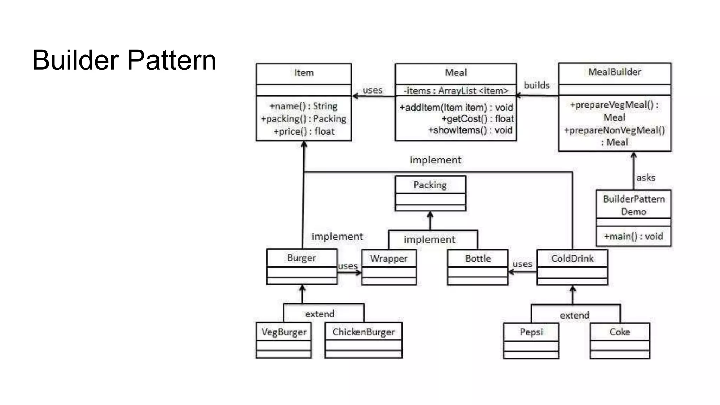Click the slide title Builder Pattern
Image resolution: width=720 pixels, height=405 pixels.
coord(124,60)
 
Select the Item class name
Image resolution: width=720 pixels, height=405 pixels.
coord(304,73)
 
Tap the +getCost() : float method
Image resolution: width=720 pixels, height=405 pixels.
coord(477,119)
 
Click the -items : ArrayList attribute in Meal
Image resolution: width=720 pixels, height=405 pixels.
coord(456,91)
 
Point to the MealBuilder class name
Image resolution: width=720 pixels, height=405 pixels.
coord(615,72)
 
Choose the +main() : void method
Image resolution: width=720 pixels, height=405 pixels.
coord(633,236)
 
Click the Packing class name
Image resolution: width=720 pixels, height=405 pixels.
coord(430,185)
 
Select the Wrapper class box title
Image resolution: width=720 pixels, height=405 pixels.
coord(388,258)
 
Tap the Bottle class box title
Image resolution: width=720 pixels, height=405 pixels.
coord(478,258)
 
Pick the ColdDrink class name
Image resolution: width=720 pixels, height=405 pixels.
coord(572,258)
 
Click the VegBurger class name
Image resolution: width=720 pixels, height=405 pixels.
coord(284,332)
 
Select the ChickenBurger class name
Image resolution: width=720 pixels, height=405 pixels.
coord(364,332)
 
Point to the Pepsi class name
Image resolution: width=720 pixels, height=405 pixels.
coord(531,332)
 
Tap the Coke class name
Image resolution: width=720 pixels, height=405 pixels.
coord(619,332)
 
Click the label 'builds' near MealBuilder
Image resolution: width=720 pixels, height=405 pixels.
coord(536,85)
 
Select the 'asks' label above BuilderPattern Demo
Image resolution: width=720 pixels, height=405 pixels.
coord(645,178)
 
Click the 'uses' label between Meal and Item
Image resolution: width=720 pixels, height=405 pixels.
coord(372,90)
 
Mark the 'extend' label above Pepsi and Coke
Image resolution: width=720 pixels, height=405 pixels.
coord(574,315)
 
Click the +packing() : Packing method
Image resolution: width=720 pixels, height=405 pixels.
coord(303,119)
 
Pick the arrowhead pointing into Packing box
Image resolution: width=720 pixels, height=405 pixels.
coord(430,214)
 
